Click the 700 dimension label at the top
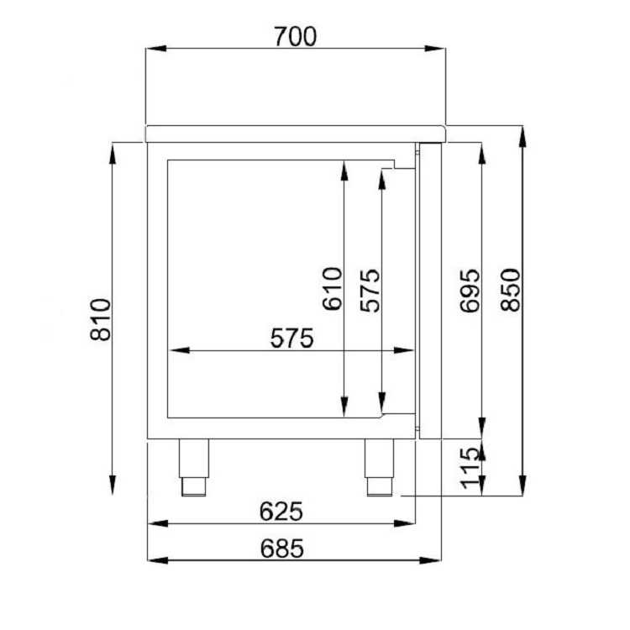pos(296,37)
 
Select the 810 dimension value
pos(101,320)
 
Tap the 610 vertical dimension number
pos(333,289)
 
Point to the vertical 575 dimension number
pos(370,291)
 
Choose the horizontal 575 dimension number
pos(291,339)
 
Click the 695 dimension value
pos(470,291)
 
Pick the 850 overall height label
pos(511,290)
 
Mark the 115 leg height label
pos(470,468)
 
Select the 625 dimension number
pos(281,512)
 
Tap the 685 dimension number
pos(282,549)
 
